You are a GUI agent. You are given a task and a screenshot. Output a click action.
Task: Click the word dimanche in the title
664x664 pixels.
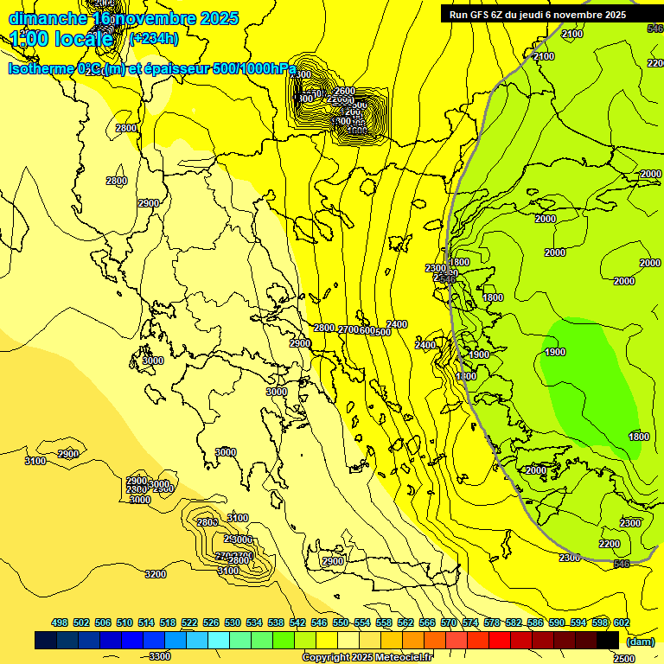pos(48,18)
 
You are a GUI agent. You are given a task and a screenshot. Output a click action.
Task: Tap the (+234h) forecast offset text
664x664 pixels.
pos(153,38)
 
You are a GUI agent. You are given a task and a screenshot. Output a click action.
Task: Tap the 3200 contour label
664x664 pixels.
pos(156,574)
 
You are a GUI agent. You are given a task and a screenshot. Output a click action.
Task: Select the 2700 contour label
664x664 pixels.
pos(348,329)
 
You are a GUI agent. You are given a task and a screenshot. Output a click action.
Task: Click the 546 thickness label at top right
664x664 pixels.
pos(654,29)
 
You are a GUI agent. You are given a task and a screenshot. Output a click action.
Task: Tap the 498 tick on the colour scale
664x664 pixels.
pos(60,622)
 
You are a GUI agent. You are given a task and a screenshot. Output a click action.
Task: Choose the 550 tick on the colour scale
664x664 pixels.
pos(341,622)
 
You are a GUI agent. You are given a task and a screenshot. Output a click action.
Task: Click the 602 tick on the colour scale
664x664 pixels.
pos(621,622)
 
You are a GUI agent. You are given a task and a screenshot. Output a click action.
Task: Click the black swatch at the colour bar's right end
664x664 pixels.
pos(608,641)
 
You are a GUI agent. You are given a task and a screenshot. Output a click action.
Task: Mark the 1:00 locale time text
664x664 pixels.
pos(61,39)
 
